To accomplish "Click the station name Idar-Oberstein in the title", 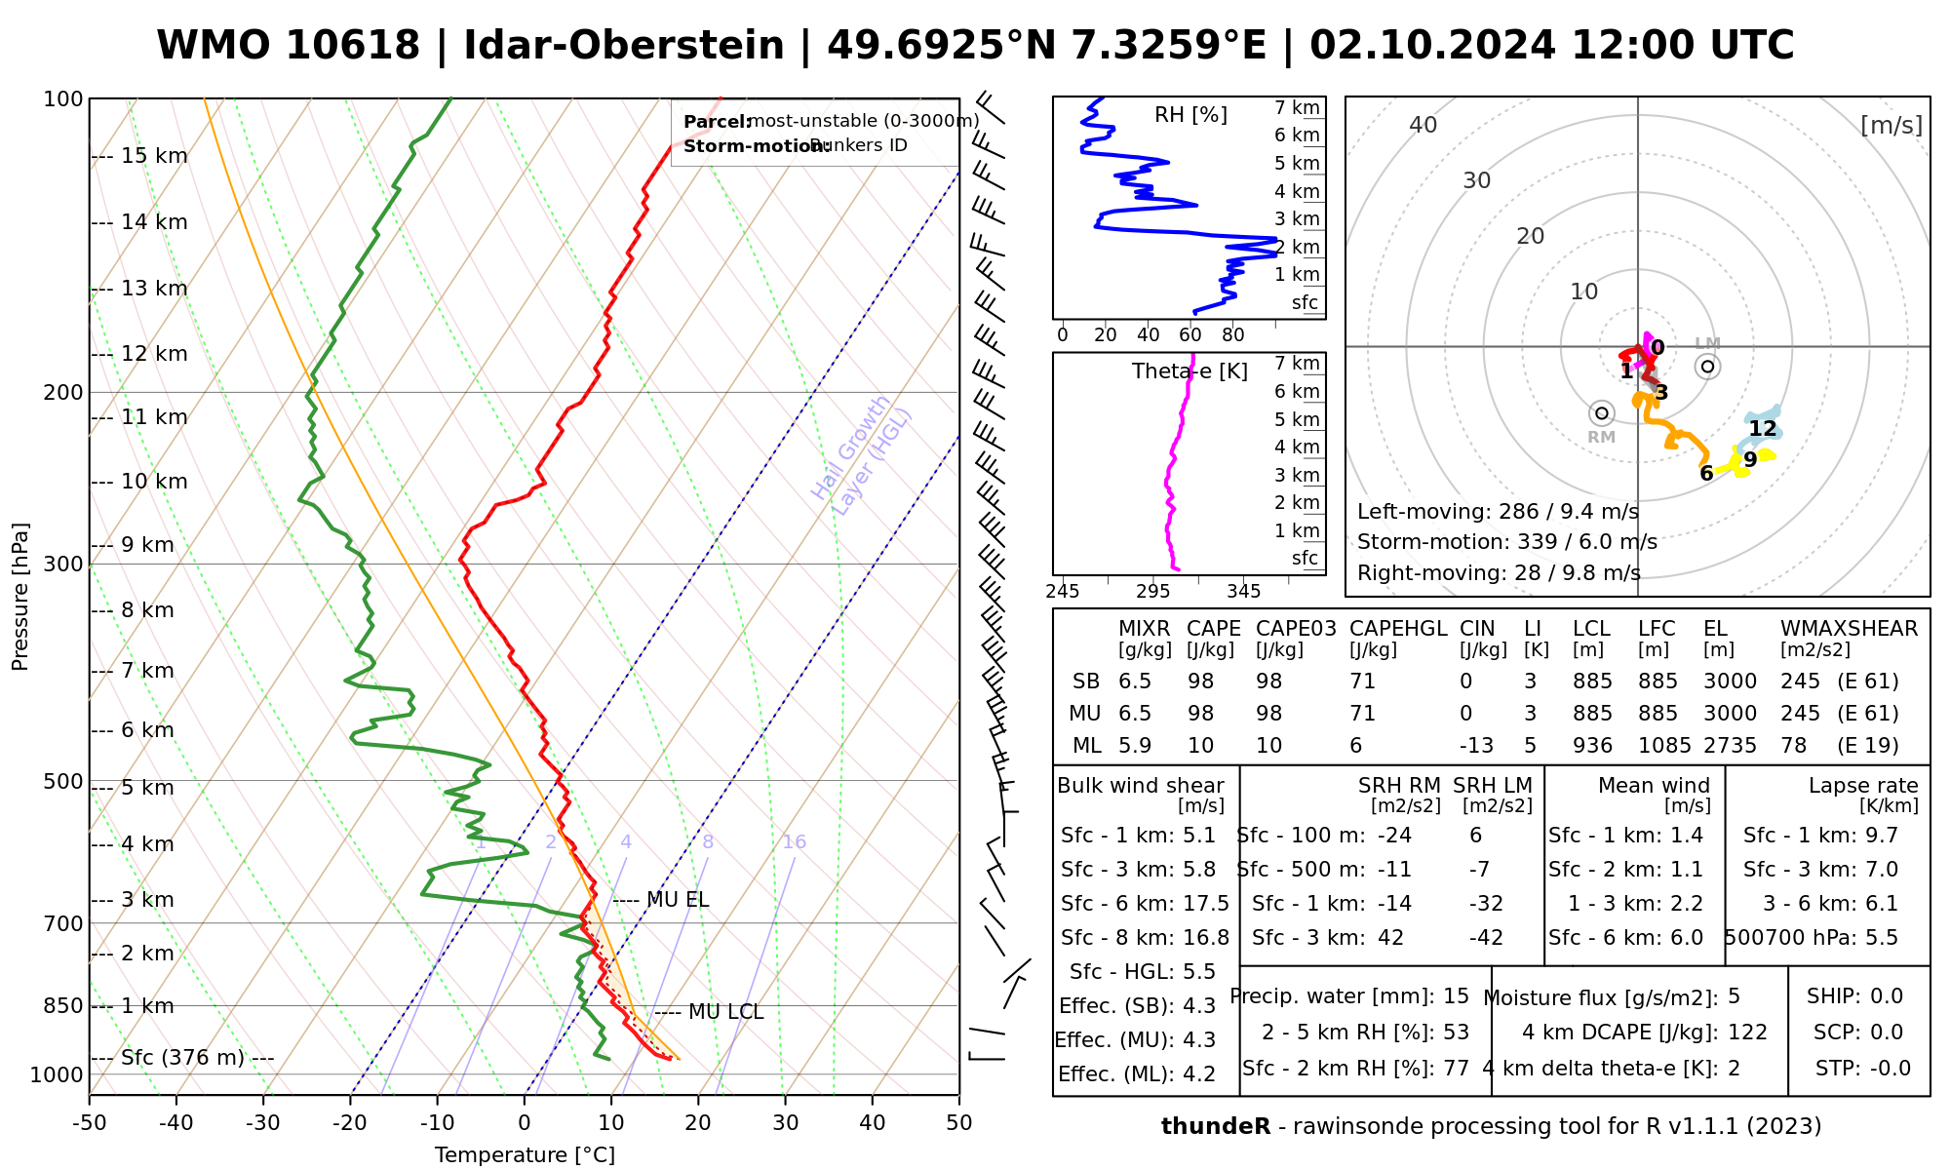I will (x=623, y=46).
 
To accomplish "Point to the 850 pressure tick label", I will (x=64, y=1005).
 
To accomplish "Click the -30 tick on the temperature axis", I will (x=263, y=1123).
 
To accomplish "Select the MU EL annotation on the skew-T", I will (x=678, y=899).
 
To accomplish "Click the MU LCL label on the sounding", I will (x=725, y=1012).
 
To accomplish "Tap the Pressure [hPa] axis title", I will (x=20, y=597).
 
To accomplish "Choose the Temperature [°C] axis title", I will (x=525, y=1155).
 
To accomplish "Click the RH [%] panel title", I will (x=1190, y=115).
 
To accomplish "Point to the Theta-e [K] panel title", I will (x=1189, y=371).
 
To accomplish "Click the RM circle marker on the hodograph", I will (x=1601, y=413).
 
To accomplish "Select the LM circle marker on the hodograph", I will (x=1707, y=367).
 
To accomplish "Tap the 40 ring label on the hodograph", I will (x=1423, y=125).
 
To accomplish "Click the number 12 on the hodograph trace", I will (x=1763, y=429).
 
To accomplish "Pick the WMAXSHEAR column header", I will (x=1849, y=629).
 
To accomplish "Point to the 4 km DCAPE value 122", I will (x=1747, y=1033).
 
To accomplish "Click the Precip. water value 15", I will (x=1456, y=996).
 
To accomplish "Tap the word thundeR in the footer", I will (x=1215, y=1127).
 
